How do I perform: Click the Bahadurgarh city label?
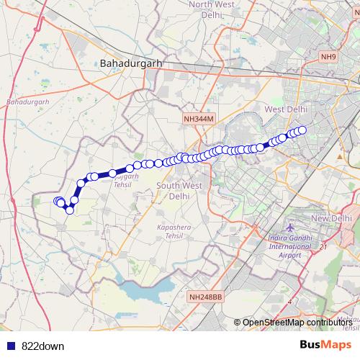(130, 63)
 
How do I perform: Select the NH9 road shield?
(328, 56)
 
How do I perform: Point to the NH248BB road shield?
(205, 296)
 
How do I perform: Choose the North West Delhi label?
(208, 9)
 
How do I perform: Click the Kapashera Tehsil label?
(176, 230)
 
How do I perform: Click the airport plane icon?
(290, 229)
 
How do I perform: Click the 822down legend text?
(42, 346)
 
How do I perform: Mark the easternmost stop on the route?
(302, 130)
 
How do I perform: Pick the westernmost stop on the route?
(58, 202)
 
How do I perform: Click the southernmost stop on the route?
(69, 210)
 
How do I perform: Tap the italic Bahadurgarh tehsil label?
(27, 102)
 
